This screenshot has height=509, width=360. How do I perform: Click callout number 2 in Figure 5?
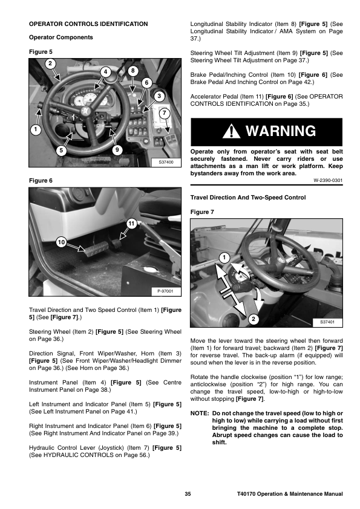50,63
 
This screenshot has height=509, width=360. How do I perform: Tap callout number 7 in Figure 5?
165,113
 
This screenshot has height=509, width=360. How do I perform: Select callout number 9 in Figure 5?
117,150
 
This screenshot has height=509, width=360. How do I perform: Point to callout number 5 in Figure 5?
61,151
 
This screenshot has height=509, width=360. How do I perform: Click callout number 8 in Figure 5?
133,71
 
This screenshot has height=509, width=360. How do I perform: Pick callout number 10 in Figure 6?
61,242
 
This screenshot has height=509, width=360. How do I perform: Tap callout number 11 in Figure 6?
131,224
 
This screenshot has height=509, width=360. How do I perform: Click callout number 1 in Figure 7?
224,258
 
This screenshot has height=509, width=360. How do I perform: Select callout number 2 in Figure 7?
254,319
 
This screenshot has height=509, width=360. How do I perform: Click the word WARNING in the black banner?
281,131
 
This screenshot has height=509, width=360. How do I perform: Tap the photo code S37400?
166,162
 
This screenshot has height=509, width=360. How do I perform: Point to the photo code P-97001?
165,291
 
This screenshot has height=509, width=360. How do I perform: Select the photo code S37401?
327,322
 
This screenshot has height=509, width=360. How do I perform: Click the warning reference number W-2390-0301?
328,181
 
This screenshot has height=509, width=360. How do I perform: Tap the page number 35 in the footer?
188,494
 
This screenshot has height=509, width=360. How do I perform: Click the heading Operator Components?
61,37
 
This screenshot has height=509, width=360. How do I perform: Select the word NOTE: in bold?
199,413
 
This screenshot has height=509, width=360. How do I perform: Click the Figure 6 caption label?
41,181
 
